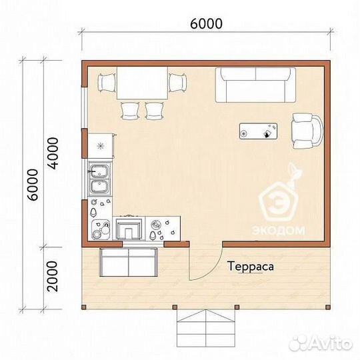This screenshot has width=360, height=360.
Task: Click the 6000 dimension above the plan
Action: pyautogui.click(x=207, y=23)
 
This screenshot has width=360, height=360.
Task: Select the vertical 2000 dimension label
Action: pyautogui.click(x=52, y=276)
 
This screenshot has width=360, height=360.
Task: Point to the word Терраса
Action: pyautogui.click(x=251, y=267)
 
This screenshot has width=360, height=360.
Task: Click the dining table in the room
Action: pyautogui.click(x=143, y=83)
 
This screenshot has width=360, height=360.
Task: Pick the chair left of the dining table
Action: pyautogui.click(x=107, y=83)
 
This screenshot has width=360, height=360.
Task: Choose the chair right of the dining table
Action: pyautogui.click(x=177, y=83)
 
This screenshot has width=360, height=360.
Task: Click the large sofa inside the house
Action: pyautogui.click(x=255, y=85)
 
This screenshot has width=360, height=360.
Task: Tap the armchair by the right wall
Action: pyautogui.click(x=307, y=131)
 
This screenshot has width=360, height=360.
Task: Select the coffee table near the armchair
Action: pyautogui.click(x=258, y=131)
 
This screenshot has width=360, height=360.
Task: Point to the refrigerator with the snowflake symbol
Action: pyautogui.click(x=101, y=145)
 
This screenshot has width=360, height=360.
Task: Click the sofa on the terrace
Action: pyautogui.click(x=129, y=262)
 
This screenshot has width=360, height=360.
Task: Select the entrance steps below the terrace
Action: pyautogui.click(x=206, y=328)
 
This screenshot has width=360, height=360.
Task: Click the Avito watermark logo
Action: pyautogui.click(x=321, y=344)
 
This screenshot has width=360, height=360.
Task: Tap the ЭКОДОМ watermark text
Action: pyautogui.click(x=278, y=230)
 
